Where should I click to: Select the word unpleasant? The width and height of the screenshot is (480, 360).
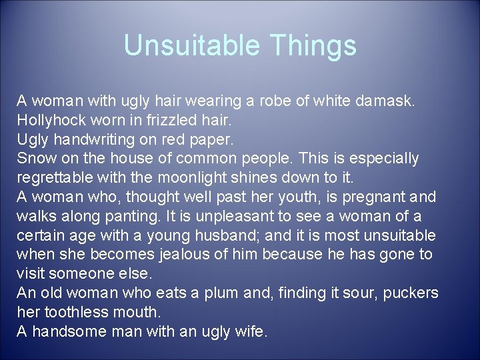click(230, 217)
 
